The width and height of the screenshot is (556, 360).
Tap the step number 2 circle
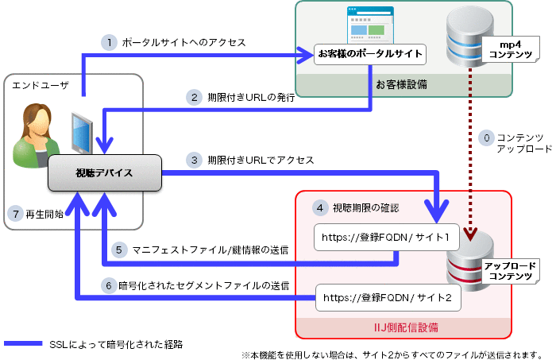192,98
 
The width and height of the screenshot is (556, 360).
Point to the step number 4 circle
319,207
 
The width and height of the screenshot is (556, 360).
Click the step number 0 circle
486,137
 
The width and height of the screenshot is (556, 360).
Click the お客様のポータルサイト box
369,55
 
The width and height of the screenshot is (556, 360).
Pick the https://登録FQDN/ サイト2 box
377,299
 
